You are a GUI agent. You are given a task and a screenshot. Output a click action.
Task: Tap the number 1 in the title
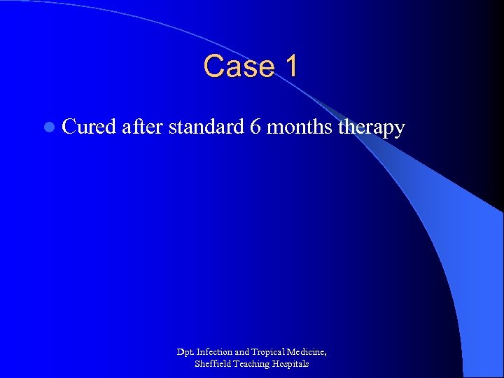290,66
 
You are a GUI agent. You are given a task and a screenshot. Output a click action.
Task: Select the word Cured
89,127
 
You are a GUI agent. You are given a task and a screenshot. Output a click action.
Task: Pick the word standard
206,127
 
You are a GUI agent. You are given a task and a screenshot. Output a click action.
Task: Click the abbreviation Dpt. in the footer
185,351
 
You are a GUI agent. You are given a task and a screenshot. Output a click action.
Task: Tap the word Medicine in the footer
310,352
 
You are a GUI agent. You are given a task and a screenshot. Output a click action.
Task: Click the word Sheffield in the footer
211,364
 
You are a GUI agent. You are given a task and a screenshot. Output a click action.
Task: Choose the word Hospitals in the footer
291,364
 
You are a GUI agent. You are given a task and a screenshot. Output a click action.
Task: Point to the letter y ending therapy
400,130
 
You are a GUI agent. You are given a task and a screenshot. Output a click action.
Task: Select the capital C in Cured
69,127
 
